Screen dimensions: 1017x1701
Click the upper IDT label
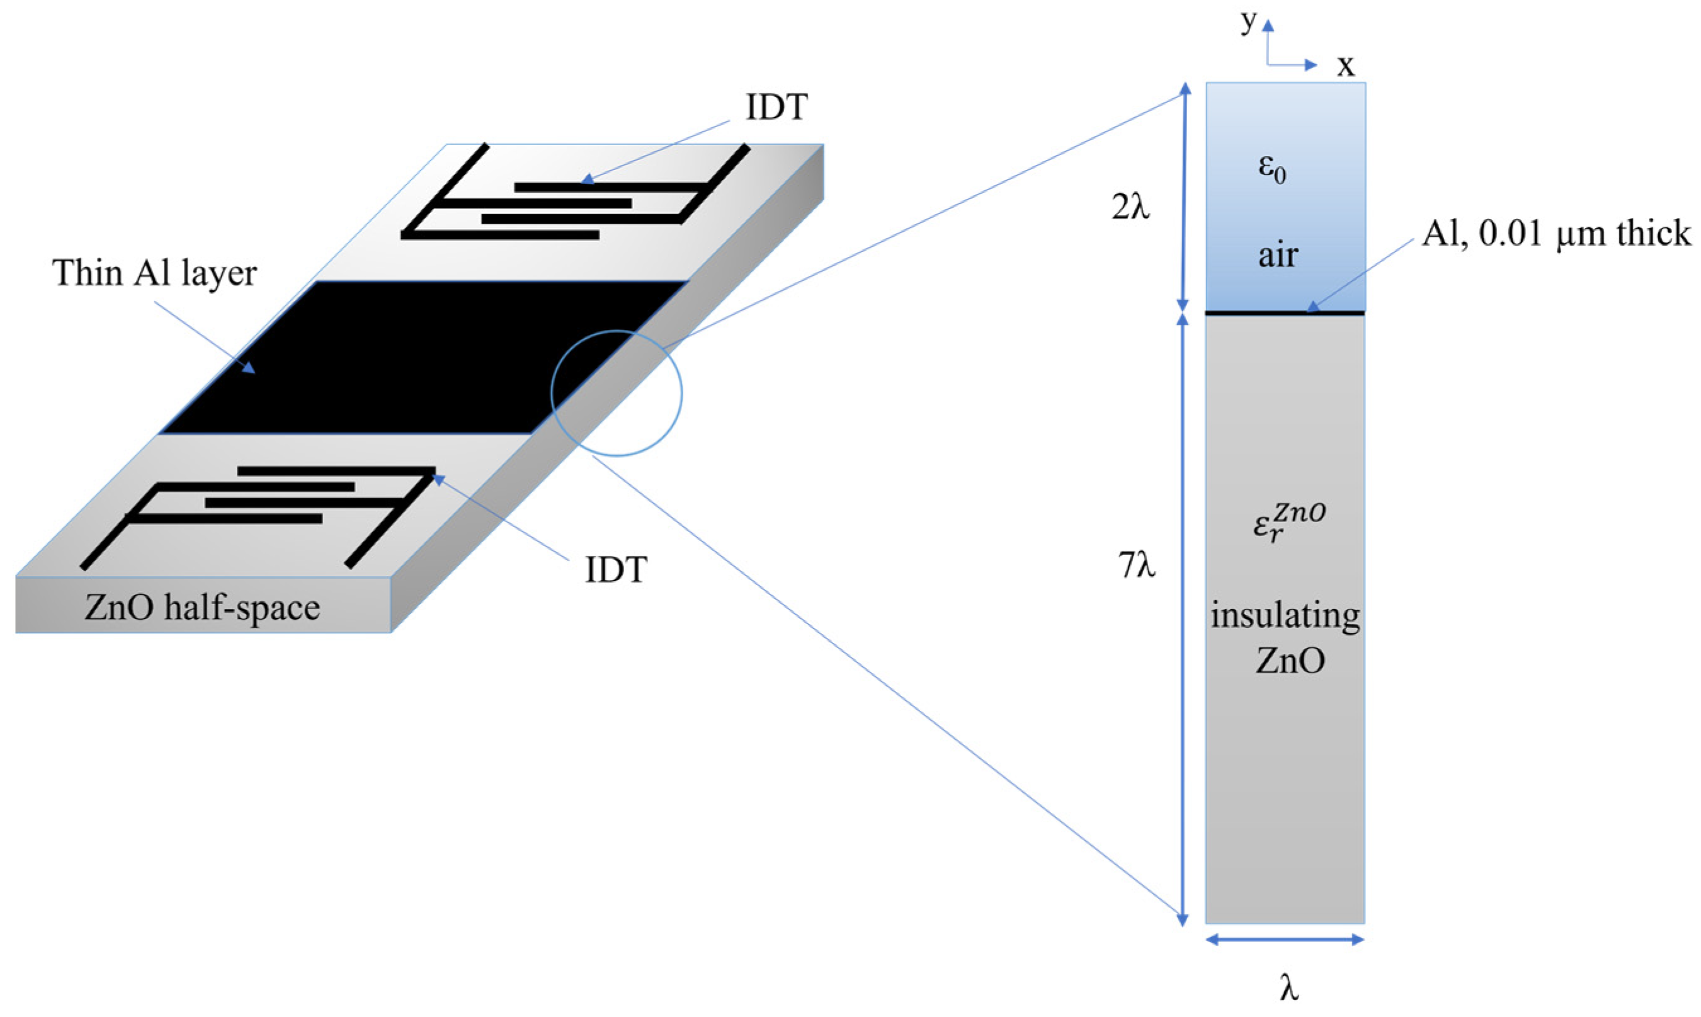pos(777,108)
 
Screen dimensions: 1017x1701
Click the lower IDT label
pos(615,570)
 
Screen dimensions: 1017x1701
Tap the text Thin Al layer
pos(154,273)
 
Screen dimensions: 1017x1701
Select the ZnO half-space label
pos(202,608)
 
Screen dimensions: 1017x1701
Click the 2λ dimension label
pos(1130,207)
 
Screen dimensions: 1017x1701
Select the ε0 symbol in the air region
pos(1273,169)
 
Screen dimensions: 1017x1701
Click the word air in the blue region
pos(1277,255)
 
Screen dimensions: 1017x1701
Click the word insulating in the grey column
pos(1285,615)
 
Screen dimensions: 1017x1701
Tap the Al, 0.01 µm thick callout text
pos(1556,234)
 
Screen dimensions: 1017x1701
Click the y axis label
pos(1248,22)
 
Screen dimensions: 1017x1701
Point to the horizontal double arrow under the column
pos(1285,940)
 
